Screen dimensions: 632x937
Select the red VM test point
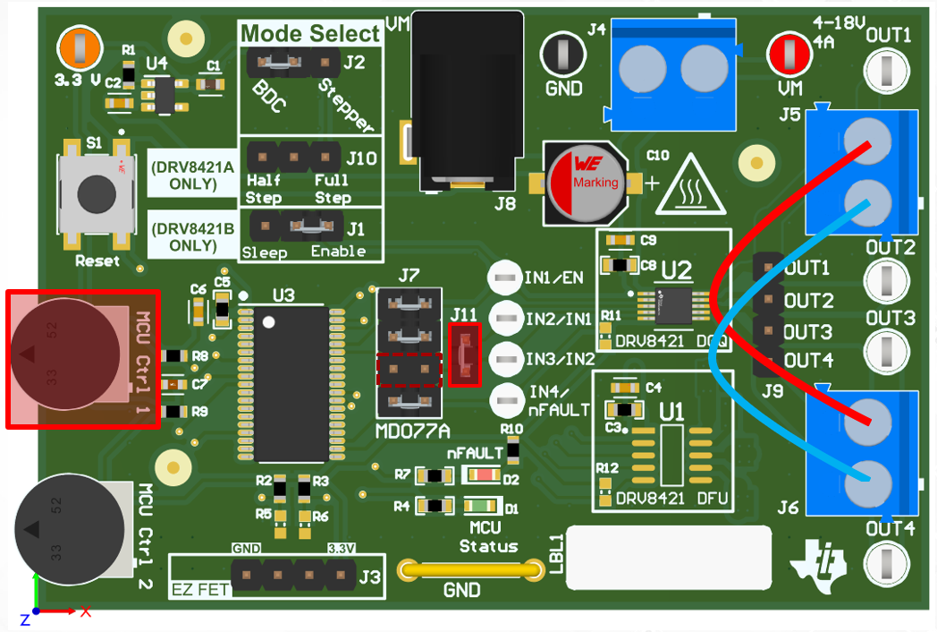[789, 53]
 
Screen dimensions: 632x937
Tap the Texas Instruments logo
[817, 562]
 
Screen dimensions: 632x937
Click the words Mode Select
[310, 34]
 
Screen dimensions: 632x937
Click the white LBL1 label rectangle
[669, 557]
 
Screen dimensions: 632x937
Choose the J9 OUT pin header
[767, 315]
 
